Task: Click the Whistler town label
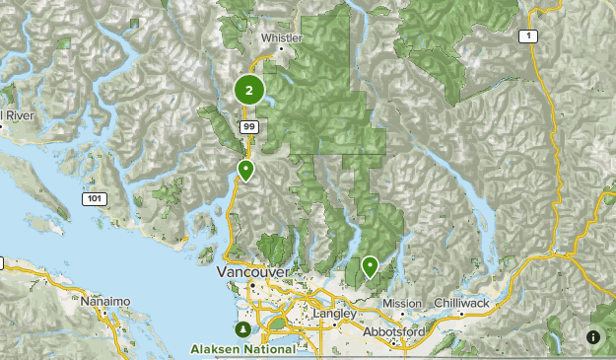[x=281, y=38]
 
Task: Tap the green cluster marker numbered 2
[x=248, y=91]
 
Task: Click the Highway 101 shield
[x=92, y=199]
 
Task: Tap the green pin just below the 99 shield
[x=245, y=171]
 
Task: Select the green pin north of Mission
[x=370, y=265]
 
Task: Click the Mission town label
[x=402, y=303]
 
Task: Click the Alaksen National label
[x=243, y=348]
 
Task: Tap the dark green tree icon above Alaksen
[x=242, y=327]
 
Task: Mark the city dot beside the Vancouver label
[x=252, y=284]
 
